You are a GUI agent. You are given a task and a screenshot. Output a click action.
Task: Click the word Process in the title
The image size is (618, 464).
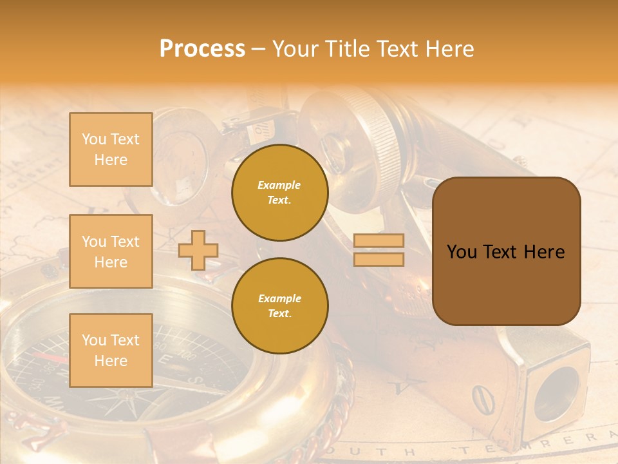tap(202, 49)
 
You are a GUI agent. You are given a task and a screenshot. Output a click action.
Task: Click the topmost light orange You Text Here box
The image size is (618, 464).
tap(111, 150)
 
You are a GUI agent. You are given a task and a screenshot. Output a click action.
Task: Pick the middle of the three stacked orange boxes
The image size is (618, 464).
tap(111, 251)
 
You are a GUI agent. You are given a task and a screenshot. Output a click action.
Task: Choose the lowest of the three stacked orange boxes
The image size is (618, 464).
tap(111, 351)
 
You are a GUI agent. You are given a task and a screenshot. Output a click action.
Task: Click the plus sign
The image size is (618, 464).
tap(198, 250)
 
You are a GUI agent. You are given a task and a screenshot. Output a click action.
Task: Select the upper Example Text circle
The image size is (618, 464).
tap(280, 193)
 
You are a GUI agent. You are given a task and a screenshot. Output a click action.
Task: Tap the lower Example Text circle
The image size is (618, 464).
tap(280, 306)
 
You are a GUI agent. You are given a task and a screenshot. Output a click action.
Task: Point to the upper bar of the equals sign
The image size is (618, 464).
tap(379, 241)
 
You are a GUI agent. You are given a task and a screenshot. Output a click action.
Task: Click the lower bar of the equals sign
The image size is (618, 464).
tap(379, 259)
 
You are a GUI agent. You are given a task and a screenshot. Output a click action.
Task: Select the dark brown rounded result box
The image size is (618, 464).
tap(506, 251)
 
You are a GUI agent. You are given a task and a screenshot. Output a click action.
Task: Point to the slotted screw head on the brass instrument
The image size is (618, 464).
tap(480, 398)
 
